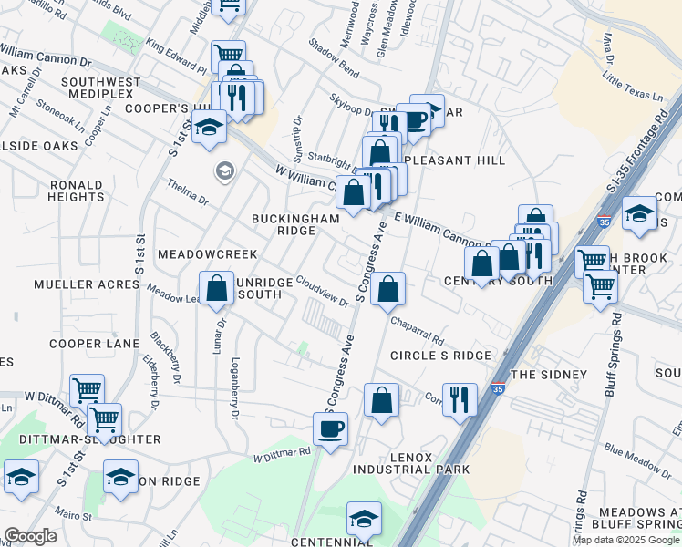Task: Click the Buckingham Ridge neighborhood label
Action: click(295, 224)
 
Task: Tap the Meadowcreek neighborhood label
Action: click(207, 253)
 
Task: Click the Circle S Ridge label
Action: click(440, 355)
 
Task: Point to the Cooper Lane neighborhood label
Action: click(94, 344)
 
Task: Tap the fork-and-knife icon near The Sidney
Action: click(460, 398)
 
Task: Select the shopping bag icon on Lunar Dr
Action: click(217, 288)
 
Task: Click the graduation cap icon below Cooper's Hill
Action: click(210, 127)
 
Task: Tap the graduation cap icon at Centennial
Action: click(364, 519)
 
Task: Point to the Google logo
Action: click(30, 536)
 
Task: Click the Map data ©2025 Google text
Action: click(625, 540)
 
